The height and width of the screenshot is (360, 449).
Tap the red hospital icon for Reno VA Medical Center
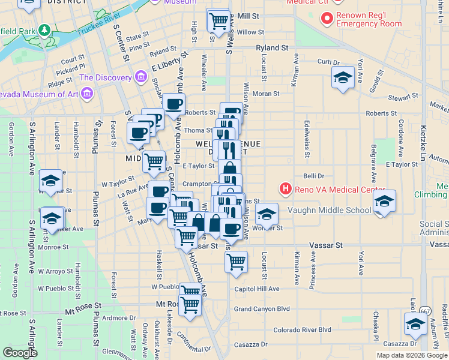point(286,190)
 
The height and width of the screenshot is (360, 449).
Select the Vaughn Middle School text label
point(330,210)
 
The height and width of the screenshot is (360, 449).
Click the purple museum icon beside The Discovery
point(141,77)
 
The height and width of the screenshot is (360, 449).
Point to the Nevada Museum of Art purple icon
point(88,94)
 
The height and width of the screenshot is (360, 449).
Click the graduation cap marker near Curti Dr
point(343,77)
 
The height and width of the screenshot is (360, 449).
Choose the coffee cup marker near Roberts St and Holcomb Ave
point(174,104)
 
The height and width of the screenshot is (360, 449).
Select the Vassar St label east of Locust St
point(325,245)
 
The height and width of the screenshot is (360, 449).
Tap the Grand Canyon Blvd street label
point(262,309)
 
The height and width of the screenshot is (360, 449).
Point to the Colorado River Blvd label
point(303,330)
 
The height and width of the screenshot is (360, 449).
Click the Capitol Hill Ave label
point(257,289)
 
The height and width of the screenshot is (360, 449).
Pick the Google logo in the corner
point(20,353)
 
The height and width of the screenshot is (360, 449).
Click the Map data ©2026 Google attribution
point(412,355)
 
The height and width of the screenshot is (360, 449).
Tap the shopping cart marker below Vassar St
point(237,262)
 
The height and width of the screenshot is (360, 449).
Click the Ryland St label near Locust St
point(272,47)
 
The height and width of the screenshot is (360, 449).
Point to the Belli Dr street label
point(314,176)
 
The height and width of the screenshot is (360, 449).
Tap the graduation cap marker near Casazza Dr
point(415,325)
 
